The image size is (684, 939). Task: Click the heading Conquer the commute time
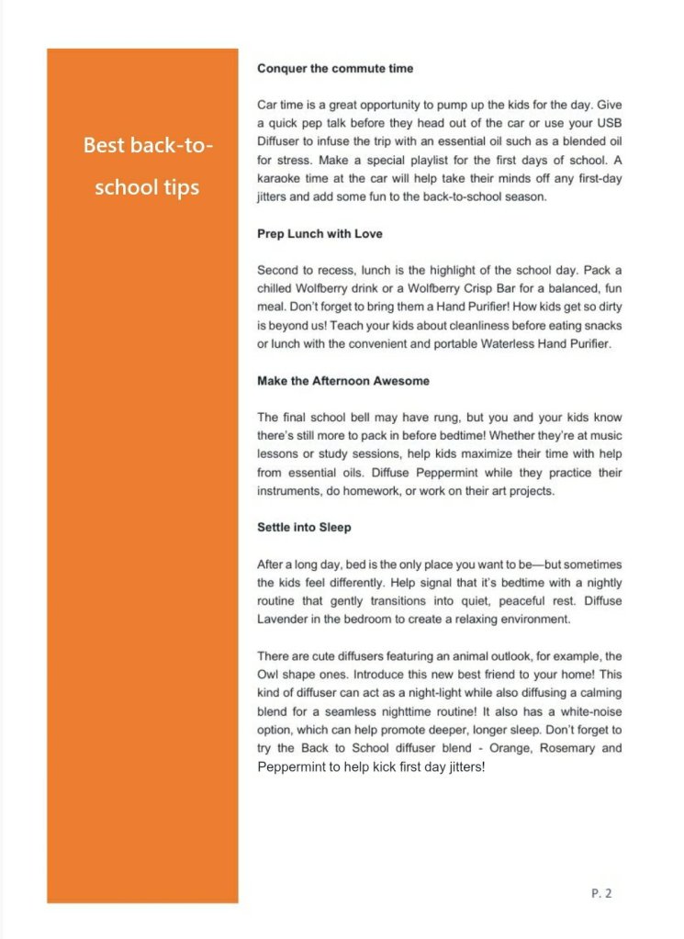point(335,68)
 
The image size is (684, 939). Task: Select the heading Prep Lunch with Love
point(320,234)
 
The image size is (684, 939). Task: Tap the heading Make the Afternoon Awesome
point(343,380)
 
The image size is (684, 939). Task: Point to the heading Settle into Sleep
point(304,528)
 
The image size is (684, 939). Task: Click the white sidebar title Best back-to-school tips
point(147,167)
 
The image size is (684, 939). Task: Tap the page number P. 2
point(601,891)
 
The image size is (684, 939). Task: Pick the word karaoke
point(279,178)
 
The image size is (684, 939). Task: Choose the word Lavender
point(286,619)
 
